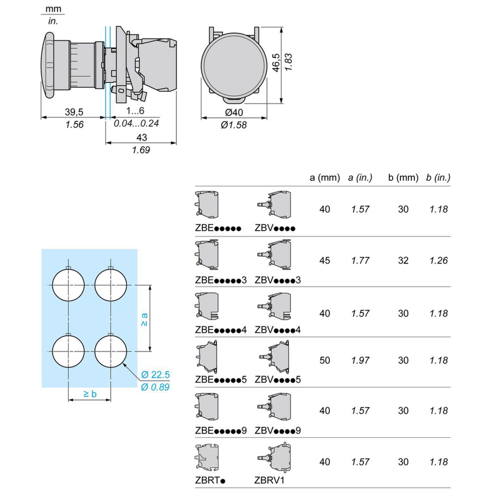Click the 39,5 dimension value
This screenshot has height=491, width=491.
click(74, 112)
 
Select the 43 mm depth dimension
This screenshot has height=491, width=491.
click(141, 137)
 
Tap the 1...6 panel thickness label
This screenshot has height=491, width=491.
click(135, 111)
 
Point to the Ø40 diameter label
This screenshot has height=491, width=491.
click(234, 113)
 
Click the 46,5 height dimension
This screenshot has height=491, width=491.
click(277, 63)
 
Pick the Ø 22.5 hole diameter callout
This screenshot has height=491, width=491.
click(155, 374)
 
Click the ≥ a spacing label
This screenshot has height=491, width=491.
click(144, 319)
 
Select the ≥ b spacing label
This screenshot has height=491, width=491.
click(90, 394)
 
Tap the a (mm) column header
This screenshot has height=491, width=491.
click(324, 178)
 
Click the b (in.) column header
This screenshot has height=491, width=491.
click(438, 178)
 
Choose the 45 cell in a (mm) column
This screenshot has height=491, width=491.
click(324, 261)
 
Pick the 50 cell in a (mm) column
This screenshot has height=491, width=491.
click(324, 360)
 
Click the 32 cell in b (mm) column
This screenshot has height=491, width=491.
click(403, 261)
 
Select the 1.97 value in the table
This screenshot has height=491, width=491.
click(360, 360)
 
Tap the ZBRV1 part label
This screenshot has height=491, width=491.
click(269, 480)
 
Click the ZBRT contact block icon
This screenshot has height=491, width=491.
click(207, 457)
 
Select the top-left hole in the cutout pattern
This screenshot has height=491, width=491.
click(68, 285)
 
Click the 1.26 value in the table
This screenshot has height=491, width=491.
click(439, 261)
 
